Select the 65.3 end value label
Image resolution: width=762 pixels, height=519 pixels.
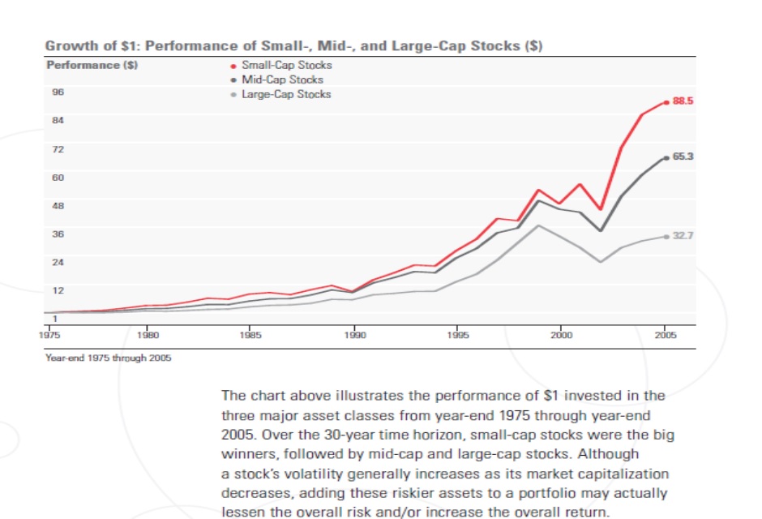683,157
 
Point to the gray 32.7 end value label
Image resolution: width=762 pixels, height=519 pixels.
683,236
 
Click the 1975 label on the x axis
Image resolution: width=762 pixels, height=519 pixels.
54,334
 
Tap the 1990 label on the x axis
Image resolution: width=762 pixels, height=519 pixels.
353,334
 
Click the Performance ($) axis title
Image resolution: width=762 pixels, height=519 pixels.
92,64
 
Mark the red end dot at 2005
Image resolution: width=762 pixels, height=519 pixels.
666,102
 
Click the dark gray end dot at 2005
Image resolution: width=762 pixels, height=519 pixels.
666,157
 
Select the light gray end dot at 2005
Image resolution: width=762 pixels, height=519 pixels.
666,237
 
